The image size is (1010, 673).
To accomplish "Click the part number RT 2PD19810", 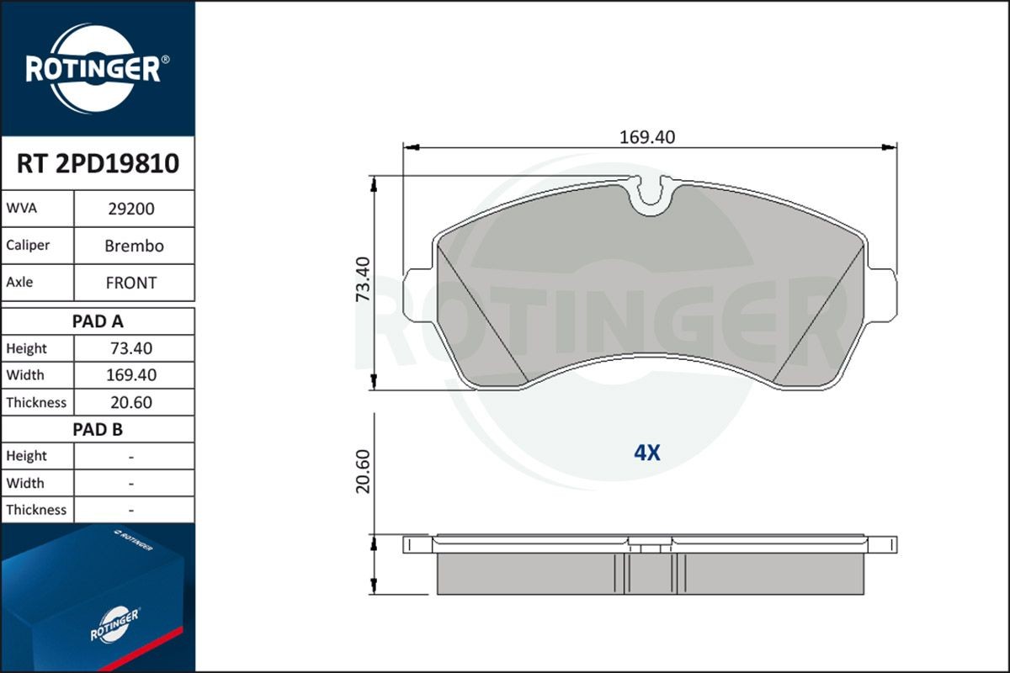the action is [98, 163].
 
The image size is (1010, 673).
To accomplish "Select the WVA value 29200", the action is [131, 209].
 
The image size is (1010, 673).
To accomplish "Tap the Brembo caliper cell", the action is [134, 246].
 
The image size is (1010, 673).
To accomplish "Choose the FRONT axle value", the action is [131, 284].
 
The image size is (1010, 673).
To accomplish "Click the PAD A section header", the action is [98, 321].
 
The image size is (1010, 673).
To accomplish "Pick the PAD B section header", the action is [98, 430].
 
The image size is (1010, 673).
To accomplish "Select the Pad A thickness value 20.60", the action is [131, 402].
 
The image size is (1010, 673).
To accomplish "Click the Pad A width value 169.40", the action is [131, 375].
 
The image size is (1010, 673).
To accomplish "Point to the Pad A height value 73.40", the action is [131, 348].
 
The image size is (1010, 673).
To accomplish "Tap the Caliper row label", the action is [28, 246].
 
